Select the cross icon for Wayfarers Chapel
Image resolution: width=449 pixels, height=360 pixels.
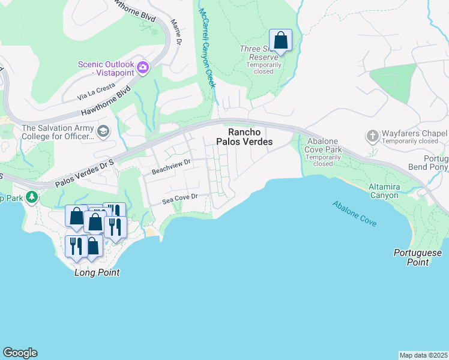coord(372,136)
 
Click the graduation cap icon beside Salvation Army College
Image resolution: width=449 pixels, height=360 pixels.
coord(104,131)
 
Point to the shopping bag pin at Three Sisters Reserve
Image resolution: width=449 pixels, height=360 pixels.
coord(280,40)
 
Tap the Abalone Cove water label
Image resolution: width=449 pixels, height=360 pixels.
coord(355,213)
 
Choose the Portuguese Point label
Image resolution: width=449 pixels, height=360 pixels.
coord(418,257)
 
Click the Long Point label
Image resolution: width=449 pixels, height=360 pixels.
coord(97,272)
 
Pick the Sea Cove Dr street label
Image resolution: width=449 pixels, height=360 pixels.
coord(179,199)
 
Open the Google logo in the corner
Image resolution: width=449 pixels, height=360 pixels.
coord(20,353)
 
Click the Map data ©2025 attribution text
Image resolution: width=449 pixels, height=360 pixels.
coord(423,355)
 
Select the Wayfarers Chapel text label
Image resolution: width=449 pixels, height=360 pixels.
coord(414,133)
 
